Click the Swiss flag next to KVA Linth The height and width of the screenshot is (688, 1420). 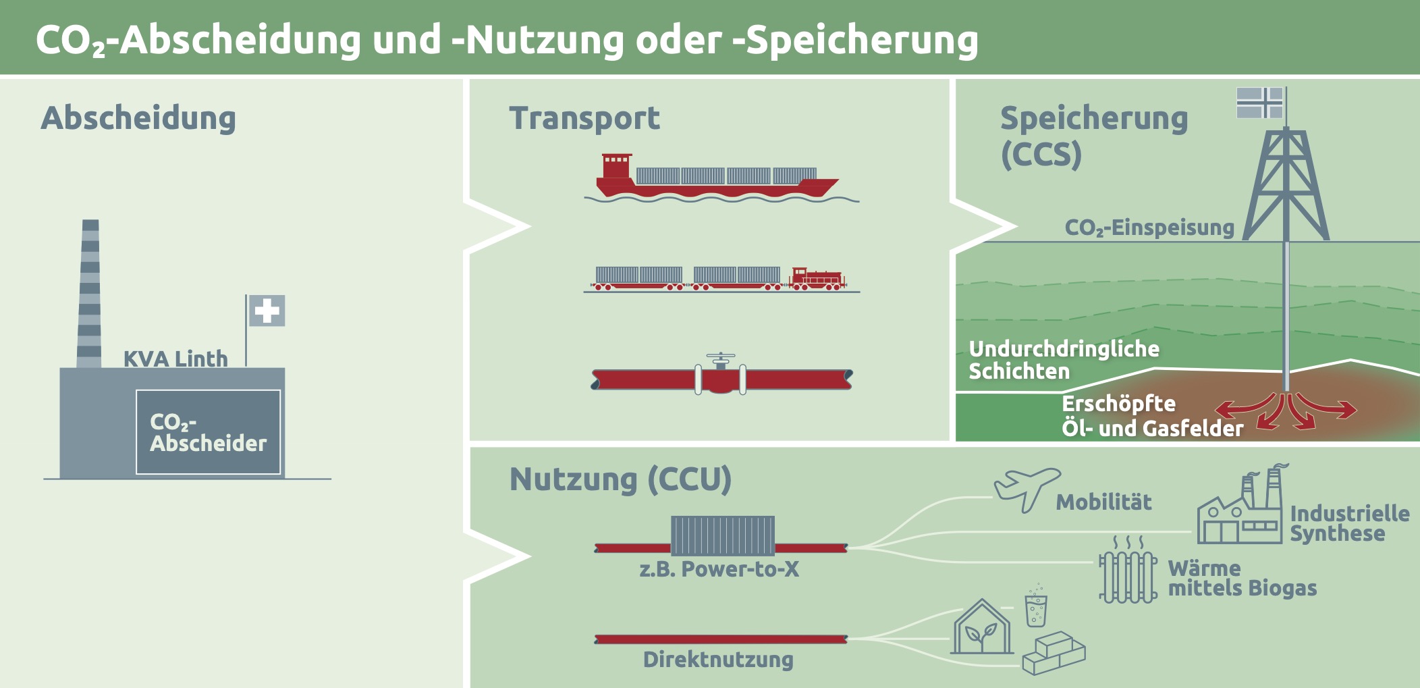pos(267,311)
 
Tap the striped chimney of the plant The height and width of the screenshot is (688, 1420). pos(90,294)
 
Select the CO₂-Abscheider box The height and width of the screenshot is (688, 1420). pos(208,432)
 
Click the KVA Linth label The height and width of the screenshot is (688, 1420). pos(175,359)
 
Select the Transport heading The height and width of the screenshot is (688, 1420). pos(584,118)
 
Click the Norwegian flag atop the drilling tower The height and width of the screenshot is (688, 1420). pos(1259,103)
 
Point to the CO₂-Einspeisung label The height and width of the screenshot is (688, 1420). pos(1149,228)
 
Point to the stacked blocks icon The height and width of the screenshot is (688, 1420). pos(1054,653)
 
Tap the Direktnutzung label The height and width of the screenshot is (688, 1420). pos(718,660)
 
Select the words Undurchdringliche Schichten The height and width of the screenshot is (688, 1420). pos(1064,360)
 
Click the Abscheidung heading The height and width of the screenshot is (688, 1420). pos(138,118)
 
